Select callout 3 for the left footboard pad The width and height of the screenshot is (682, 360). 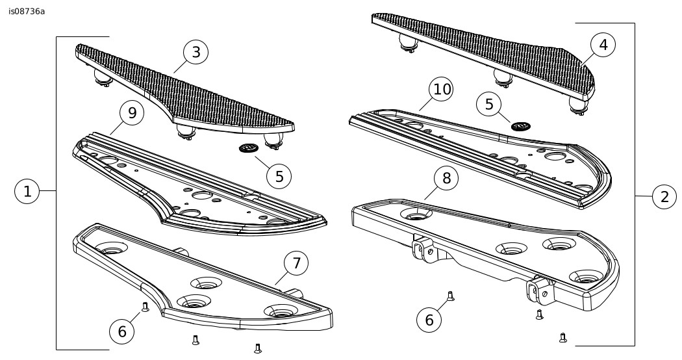pos(196,52)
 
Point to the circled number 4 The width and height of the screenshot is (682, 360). pos(603,45)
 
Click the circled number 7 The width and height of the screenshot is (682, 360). pos(296,263)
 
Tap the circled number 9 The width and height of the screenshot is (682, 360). pos(132,112)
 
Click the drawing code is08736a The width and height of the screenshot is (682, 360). pos(27,11)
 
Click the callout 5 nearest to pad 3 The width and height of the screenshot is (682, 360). pos(279,175)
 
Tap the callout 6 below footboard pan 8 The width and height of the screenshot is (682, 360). pos(431,319)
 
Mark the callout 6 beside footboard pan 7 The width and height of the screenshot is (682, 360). pos(122,331)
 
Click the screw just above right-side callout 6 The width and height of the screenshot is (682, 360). pos(449,297)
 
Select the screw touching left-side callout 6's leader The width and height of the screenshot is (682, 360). pos(145,307)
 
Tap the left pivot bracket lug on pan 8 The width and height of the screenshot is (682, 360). pos(422,250)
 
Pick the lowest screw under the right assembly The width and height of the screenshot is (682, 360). pos(563,337)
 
